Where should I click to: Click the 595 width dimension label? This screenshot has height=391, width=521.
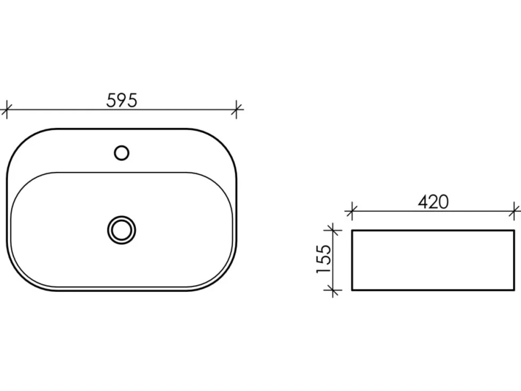pos(121,100)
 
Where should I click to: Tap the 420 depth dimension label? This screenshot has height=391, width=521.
pos(433,202)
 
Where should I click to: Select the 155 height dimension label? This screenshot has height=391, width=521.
pos(324,259)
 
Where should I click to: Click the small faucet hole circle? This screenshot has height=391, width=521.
pos(121,153)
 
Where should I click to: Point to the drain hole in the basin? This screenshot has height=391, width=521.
pos(121,230)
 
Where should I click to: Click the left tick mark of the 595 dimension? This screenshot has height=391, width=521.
pos(6,109)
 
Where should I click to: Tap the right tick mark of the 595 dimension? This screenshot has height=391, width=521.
pos(236,109)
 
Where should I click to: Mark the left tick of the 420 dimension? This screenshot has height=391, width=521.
pos(352,211)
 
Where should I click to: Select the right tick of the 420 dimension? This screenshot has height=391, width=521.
pos(515,211)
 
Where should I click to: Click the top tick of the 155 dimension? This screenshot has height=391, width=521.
pos(332,230)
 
